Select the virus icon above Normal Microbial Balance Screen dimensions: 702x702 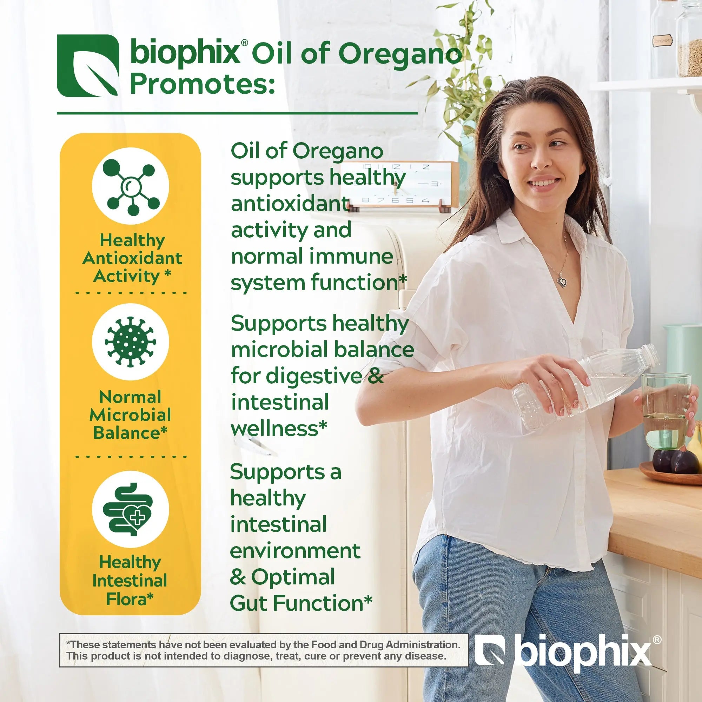[131, 342]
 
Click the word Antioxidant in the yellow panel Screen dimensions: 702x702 [132, 258]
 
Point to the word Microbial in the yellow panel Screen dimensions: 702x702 [130, 415]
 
